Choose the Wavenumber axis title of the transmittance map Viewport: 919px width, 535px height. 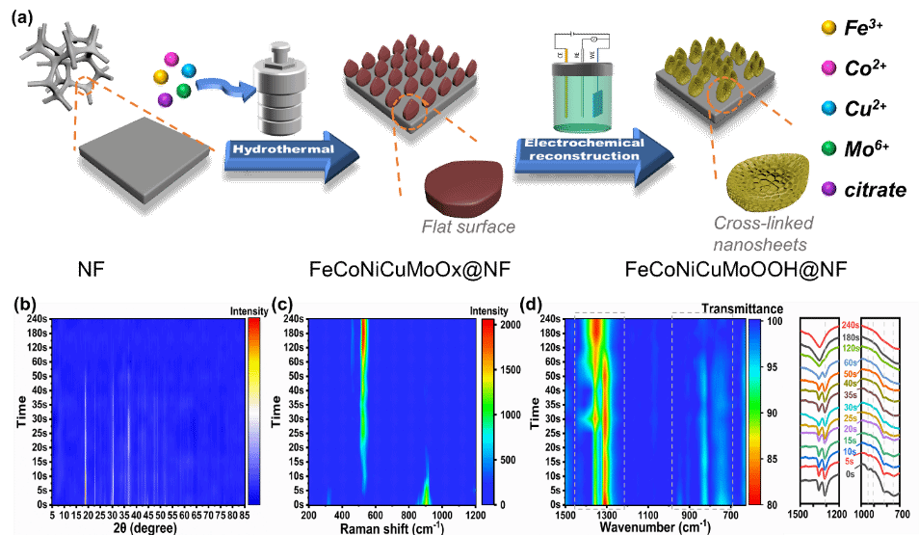click(651, 528)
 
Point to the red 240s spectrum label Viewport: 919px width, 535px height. click(850, 326)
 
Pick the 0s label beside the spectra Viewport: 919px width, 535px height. click(850, 474)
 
